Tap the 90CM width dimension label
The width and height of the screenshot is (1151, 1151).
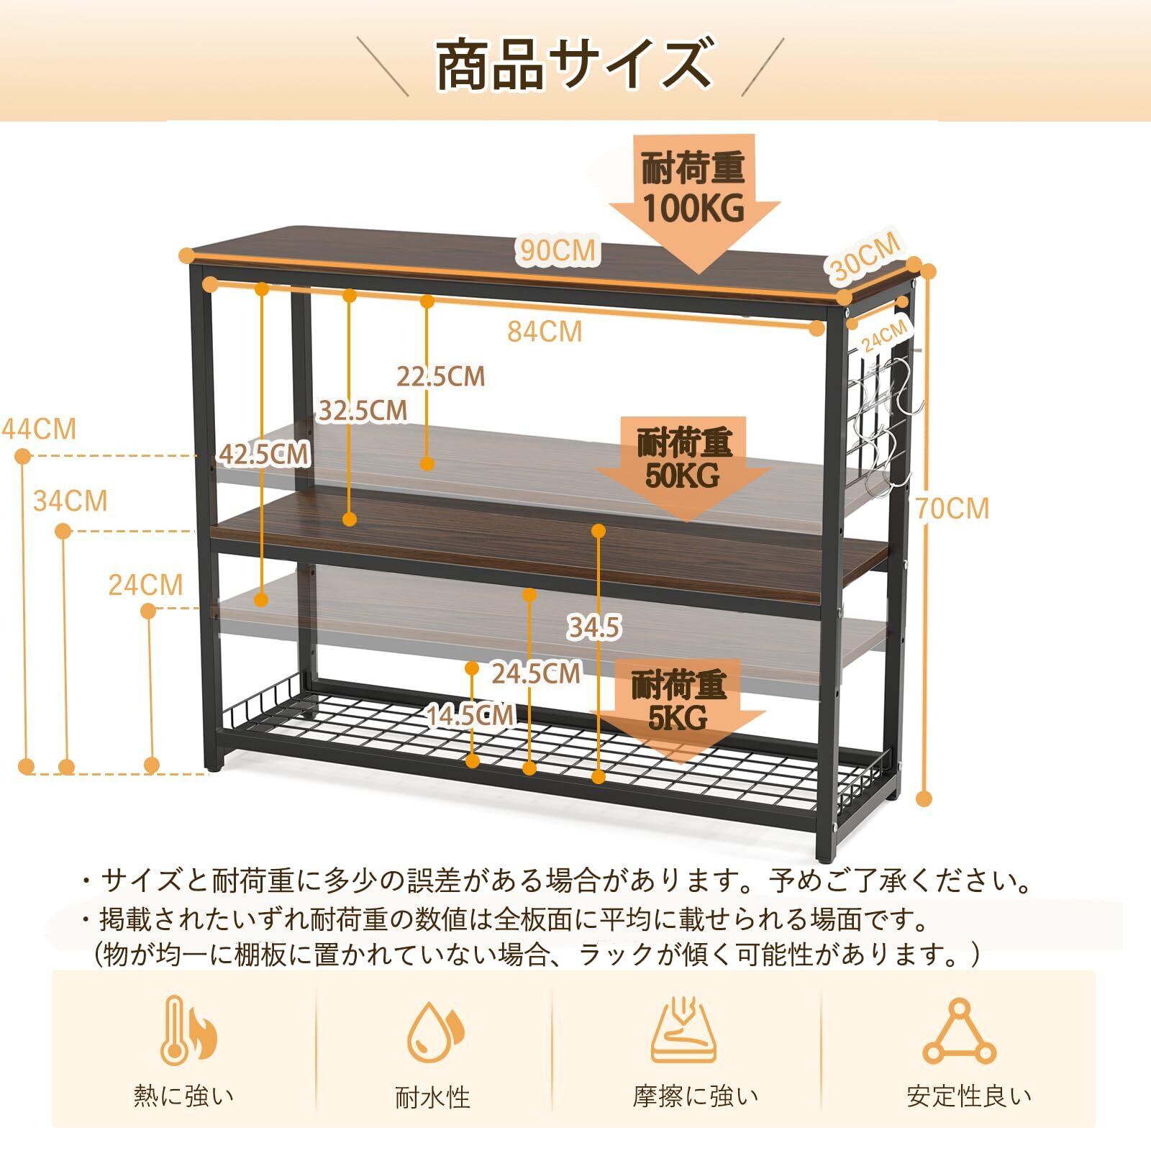(558, 250)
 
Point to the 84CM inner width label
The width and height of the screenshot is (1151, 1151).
(545, 332)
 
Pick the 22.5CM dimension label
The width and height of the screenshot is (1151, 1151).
(441, 376)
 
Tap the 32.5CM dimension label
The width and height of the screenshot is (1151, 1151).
(363, 411)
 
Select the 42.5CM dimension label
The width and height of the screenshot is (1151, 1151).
(264, 454)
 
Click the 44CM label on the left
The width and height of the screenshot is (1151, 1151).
(40, 429)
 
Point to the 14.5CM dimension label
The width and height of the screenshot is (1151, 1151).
(470, 715)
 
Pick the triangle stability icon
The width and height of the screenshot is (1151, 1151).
(959, 1032)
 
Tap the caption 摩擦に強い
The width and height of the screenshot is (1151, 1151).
(695, 1096)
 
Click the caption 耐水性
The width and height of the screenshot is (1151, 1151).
(432, 1098)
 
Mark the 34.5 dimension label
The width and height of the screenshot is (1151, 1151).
(593, 628)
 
